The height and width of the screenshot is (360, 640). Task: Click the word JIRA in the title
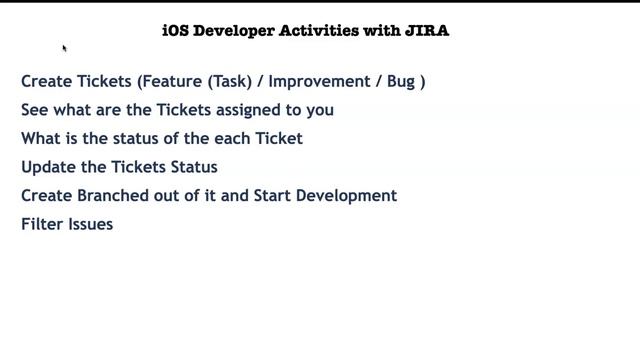427,31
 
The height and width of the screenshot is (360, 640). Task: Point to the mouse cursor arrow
65,48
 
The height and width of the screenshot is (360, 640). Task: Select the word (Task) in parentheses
230,81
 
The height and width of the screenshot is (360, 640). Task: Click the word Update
47,167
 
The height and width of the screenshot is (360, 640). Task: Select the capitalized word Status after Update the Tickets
192,167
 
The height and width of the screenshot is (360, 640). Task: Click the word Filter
41,224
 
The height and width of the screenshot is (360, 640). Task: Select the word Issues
90,224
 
